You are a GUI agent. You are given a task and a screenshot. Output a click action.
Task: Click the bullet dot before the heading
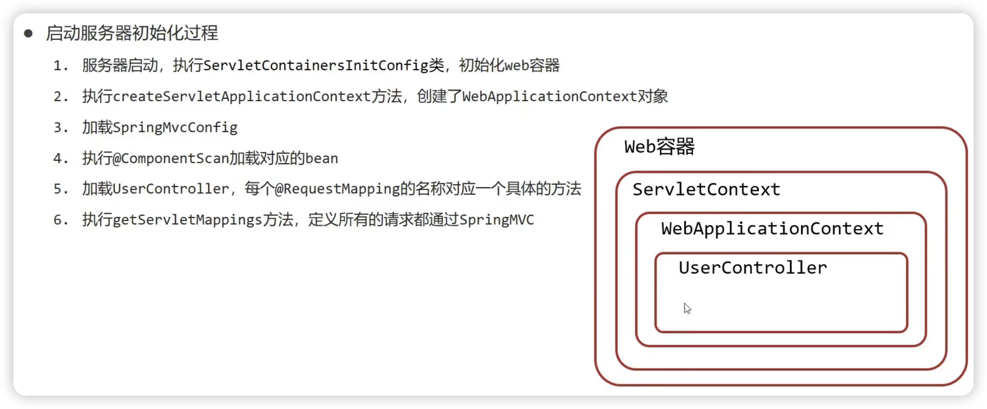pos(28,33)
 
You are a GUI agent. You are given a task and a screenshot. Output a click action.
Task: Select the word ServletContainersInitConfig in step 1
pos(316,66)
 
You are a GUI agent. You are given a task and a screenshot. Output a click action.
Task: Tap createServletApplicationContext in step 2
pos(242,96)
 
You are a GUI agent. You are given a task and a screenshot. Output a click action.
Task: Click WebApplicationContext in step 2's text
pos(549,96)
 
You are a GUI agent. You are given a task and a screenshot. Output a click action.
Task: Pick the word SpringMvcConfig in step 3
pos(175,127)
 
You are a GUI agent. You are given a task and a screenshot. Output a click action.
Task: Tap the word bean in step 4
pos(321,158)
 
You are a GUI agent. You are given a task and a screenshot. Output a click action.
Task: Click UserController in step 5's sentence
pos(171,189)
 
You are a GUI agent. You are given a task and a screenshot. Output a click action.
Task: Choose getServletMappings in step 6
pos(187,220)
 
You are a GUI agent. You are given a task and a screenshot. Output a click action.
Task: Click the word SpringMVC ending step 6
pos(496,220)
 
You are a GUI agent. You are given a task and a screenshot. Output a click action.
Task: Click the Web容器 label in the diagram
pos(659,147)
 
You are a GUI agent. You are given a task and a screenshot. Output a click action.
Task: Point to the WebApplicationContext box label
pos(772,229)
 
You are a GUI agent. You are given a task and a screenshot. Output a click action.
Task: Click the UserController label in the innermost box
pos(753,268)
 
